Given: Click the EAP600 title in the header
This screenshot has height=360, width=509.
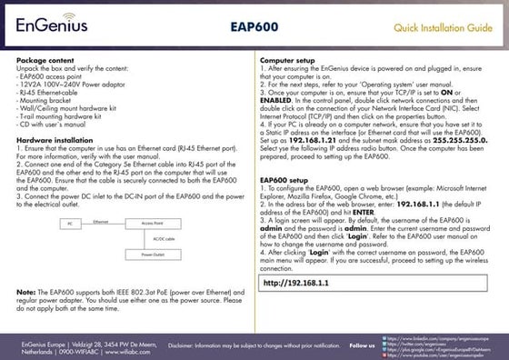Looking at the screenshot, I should pyautogui.click(x=254, y=28).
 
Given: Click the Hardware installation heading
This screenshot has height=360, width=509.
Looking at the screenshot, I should pyautogui.click(x=55, y=141).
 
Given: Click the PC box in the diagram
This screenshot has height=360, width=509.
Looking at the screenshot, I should pyautogui.click(x=69, y=223).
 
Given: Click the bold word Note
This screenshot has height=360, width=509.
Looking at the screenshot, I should pyautogui.click(x=26, y=292).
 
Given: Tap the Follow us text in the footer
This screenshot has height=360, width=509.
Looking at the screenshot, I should pyautogui.click(x=363, y=345).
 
